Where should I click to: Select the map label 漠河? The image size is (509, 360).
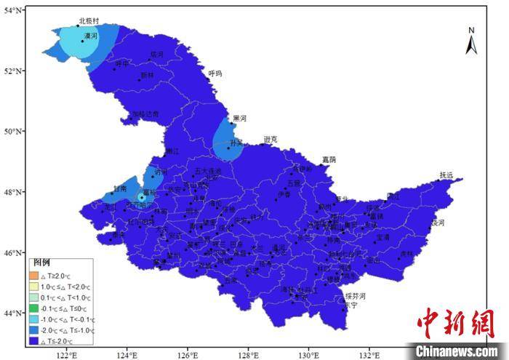click(91, 35)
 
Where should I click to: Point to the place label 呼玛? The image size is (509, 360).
click(215, 73)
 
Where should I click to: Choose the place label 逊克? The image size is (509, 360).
click(270, 139)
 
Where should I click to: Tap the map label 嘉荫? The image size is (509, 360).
click(329, 159)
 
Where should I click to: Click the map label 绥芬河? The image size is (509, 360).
click(355, 296)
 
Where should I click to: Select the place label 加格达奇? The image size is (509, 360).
click(145, 113)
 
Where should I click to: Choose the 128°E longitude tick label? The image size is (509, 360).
click(249, 355)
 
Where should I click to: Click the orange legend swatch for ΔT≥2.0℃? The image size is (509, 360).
click(33, 276)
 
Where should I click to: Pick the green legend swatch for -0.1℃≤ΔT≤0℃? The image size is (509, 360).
click(33, 308)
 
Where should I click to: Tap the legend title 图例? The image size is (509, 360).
click(41, 263)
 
